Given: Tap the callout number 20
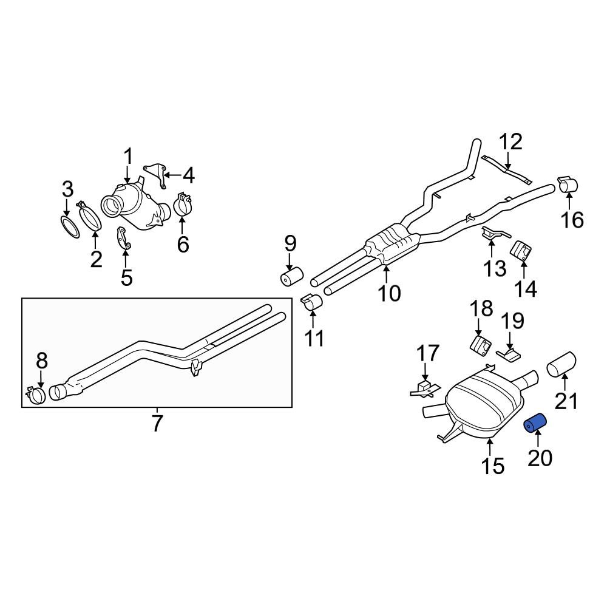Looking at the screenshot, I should pyautogui.click(x=540, y=458).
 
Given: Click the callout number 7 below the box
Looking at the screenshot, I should pyautogui.click(x=157, y=423).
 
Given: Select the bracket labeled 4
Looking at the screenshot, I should pyautogui.click(x=156, y=174).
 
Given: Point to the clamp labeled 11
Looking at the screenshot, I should pyautogui.click(x=311, y=302).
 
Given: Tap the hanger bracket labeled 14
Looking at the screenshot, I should pyautogui.click(x=521, y=250).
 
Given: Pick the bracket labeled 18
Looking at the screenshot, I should pyautogui.click(x=481, y=345).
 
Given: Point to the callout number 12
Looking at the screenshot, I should pyautogui.click(x=510, y=142).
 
